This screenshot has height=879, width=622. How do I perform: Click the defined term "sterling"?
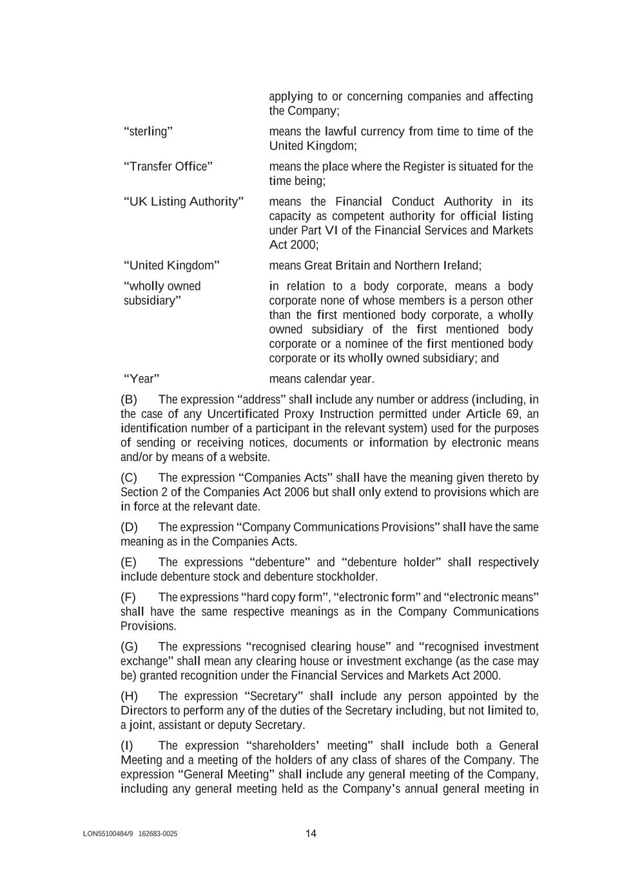point(148,131)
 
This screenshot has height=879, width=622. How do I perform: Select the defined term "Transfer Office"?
point(168,167)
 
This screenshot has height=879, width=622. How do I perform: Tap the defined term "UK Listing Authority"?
point(184,202)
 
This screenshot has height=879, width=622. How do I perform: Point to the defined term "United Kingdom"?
point(171,265)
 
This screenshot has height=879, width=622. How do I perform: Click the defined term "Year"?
point(141,379)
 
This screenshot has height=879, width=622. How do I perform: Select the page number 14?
point(311,834)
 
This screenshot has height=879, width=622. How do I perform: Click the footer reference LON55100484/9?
point(108,834)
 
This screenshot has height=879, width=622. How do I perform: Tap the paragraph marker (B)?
point(129,400)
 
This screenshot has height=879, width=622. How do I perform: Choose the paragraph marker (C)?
point(129,478)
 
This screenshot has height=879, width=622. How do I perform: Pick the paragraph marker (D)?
point(129,527)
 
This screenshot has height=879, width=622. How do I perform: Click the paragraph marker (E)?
point(129,562)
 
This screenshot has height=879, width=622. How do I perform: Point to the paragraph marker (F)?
point(128,597)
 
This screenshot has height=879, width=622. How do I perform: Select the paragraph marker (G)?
point(129,647)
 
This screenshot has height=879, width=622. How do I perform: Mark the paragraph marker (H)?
point(129,696)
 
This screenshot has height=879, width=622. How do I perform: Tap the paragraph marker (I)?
point(127,746)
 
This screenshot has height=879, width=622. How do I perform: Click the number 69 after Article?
point(512,414)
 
